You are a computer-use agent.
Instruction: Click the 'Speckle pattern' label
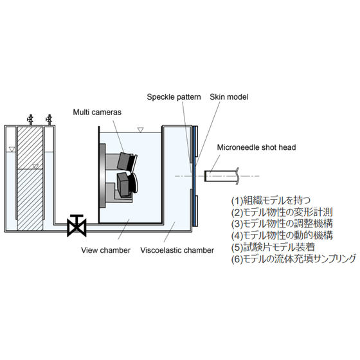174,97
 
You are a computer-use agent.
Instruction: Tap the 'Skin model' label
229,96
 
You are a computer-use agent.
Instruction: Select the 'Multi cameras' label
97,112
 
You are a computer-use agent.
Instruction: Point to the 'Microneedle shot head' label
256,147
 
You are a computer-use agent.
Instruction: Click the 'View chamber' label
105,250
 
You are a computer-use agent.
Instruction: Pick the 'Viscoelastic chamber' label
177,250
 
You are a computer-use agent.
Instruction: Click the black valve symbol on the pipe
76,226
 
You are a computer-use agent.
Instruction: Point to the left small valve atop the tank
30,120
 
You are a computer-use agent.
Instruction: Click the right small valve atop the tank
49,120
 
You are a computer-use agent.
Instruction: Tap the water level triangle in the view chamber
140,130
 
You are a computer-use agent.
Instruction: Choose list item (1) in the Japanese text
271,201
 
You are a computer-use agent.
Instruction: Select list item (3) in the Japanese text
282,224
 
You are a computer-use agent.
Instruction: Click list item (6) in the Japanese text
294,259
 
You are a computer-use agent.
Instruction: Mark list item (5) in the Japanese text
273,248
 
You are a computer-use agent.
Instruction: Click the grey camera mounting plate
102,176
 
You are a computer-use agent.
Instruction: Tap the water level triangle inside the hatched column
35,166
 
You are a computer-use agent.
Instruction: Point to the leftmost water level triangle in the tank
12,149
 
